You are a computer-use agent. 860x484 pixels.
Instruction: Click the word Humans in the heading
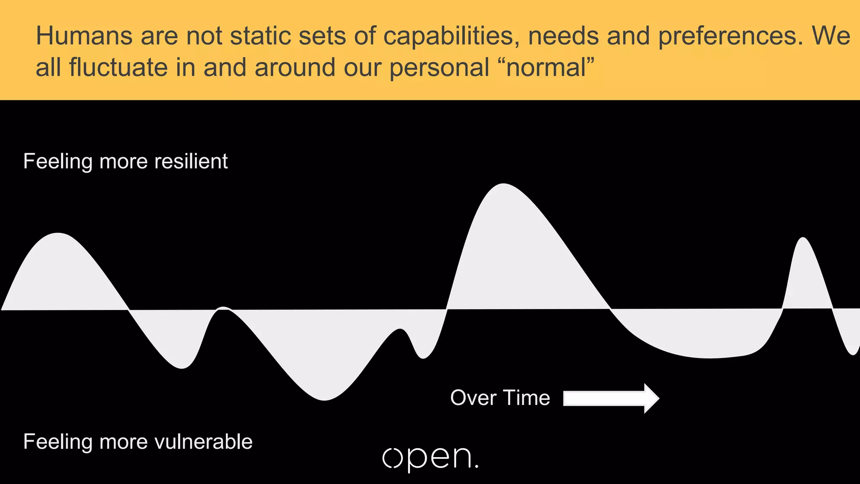[84, 36]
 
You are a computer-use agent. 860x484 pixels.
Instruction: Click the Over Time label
[500, 397]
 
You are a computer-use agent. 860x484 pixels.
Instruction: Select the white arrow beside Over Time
[611, 398]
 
